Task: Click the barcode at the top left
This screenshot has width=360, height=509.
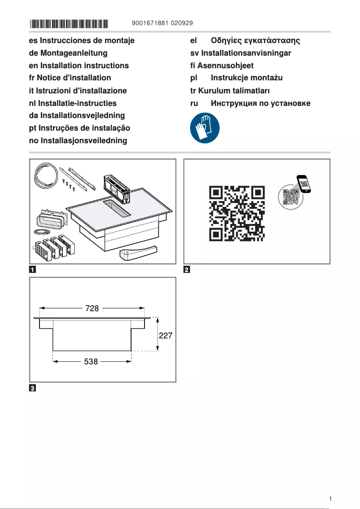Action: click(69, 23)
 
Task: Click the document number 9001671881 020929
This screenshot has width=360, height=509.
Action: click(163, 23)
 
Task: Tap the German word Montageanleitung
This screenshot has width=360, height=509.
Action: click(74, 53)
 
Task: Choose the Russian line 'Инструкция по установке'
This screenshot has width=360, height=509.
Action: click(260, 103)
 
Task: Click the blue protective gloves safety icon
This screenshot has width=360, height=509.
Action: click(205, 127)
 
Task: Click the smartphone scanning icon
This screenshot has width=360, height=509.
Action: click(295, 191)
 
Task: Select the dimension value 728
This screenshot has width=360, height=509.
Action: click(92, 308)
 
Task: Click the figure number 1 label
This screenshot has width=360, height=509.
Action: click(33, 270)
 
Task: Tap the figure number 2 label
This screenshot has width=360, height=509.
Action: click(187, 270)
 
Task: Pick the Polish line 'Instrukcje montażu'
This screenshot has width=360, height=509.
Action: click(246, 78)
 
